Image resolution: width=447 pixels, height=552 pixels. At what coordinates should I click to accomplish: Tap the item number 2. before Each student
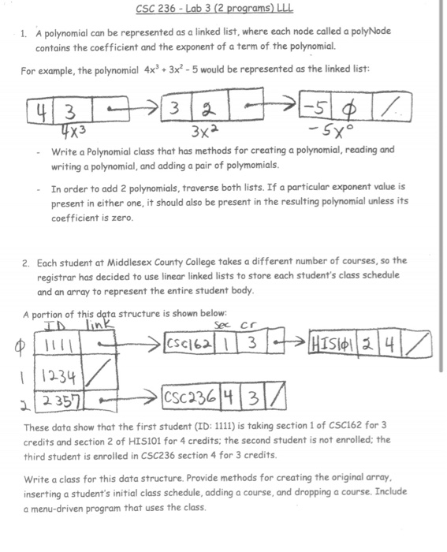point(26,261)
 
